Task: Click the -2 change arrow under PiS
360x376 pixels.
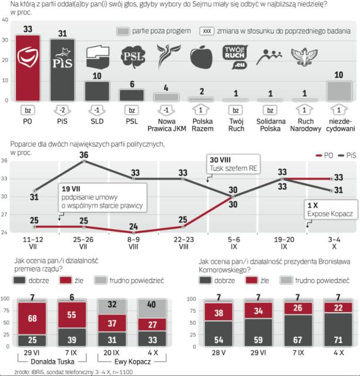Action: [61, 110]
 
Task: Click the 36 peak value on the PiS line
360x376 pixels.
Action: [84, 155]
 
